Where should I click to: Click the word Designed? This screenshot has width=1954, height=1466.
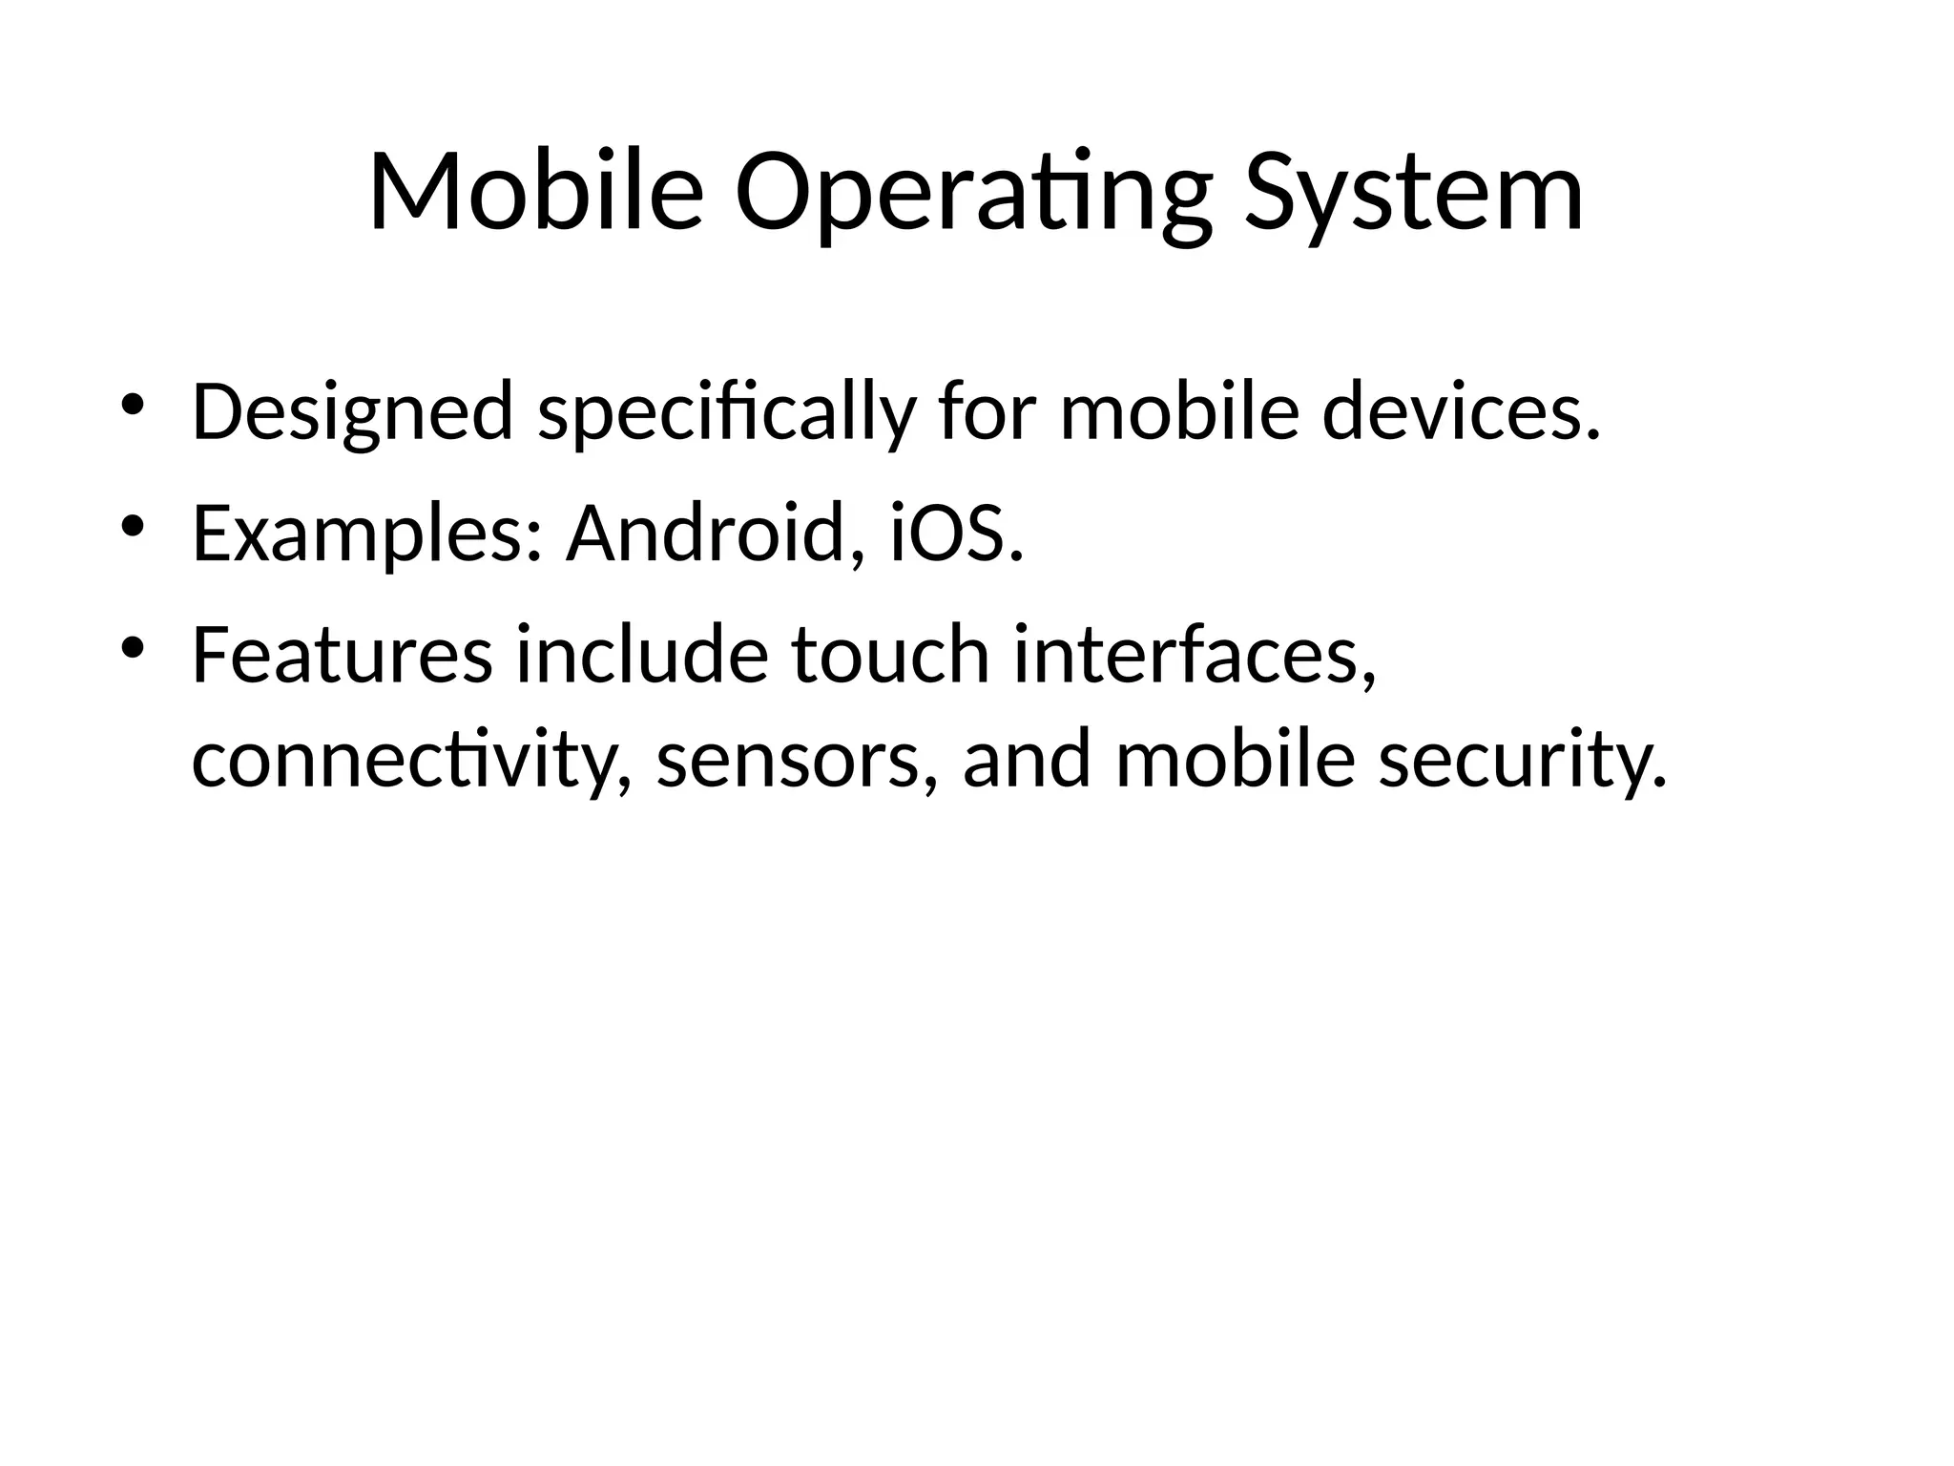tap(352, 412)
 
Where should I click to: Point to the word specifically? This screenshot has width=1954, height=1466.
tap(726, 412)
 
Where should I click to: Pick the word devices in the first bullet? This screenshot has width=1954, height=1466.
tap(1460, 412)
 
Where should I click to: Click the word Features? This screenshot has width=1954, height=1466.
tap(343, 656)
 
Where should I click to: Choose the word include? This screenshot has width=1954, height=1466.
tap(641, 656)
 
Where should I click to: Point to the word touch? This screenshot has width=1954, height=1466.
tap(890, 656)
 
